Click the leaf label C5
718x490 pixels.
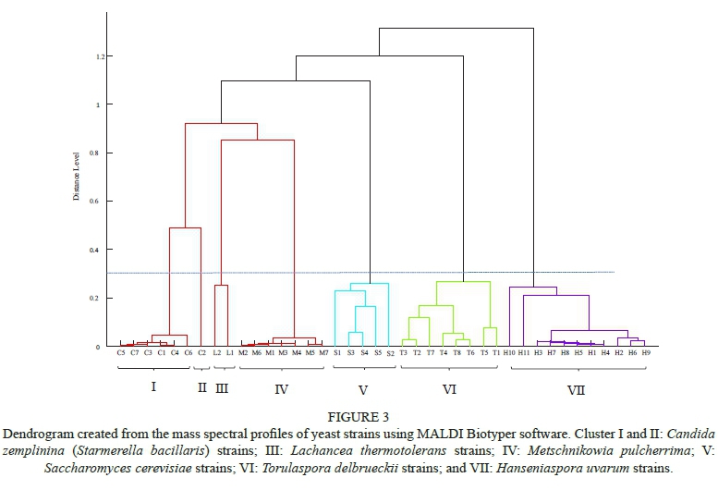[121, 353]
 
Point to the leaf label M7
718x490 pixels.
[323, 353]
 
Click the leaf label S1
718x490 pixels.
[337, 353]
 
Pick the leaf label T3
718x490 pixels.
[404, 353]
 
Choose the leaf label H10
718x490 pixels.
[509, 353]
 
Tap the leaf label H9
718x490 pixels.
[646, 353]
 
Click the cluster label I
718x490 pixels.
[153, 387]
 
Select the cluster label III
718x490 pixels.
[222, 388]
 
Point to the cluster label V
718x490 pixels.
[362, 389]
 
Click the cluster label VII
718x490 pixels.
[576, 390]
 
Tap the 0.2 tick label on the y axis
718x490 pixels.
[94, 298]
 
